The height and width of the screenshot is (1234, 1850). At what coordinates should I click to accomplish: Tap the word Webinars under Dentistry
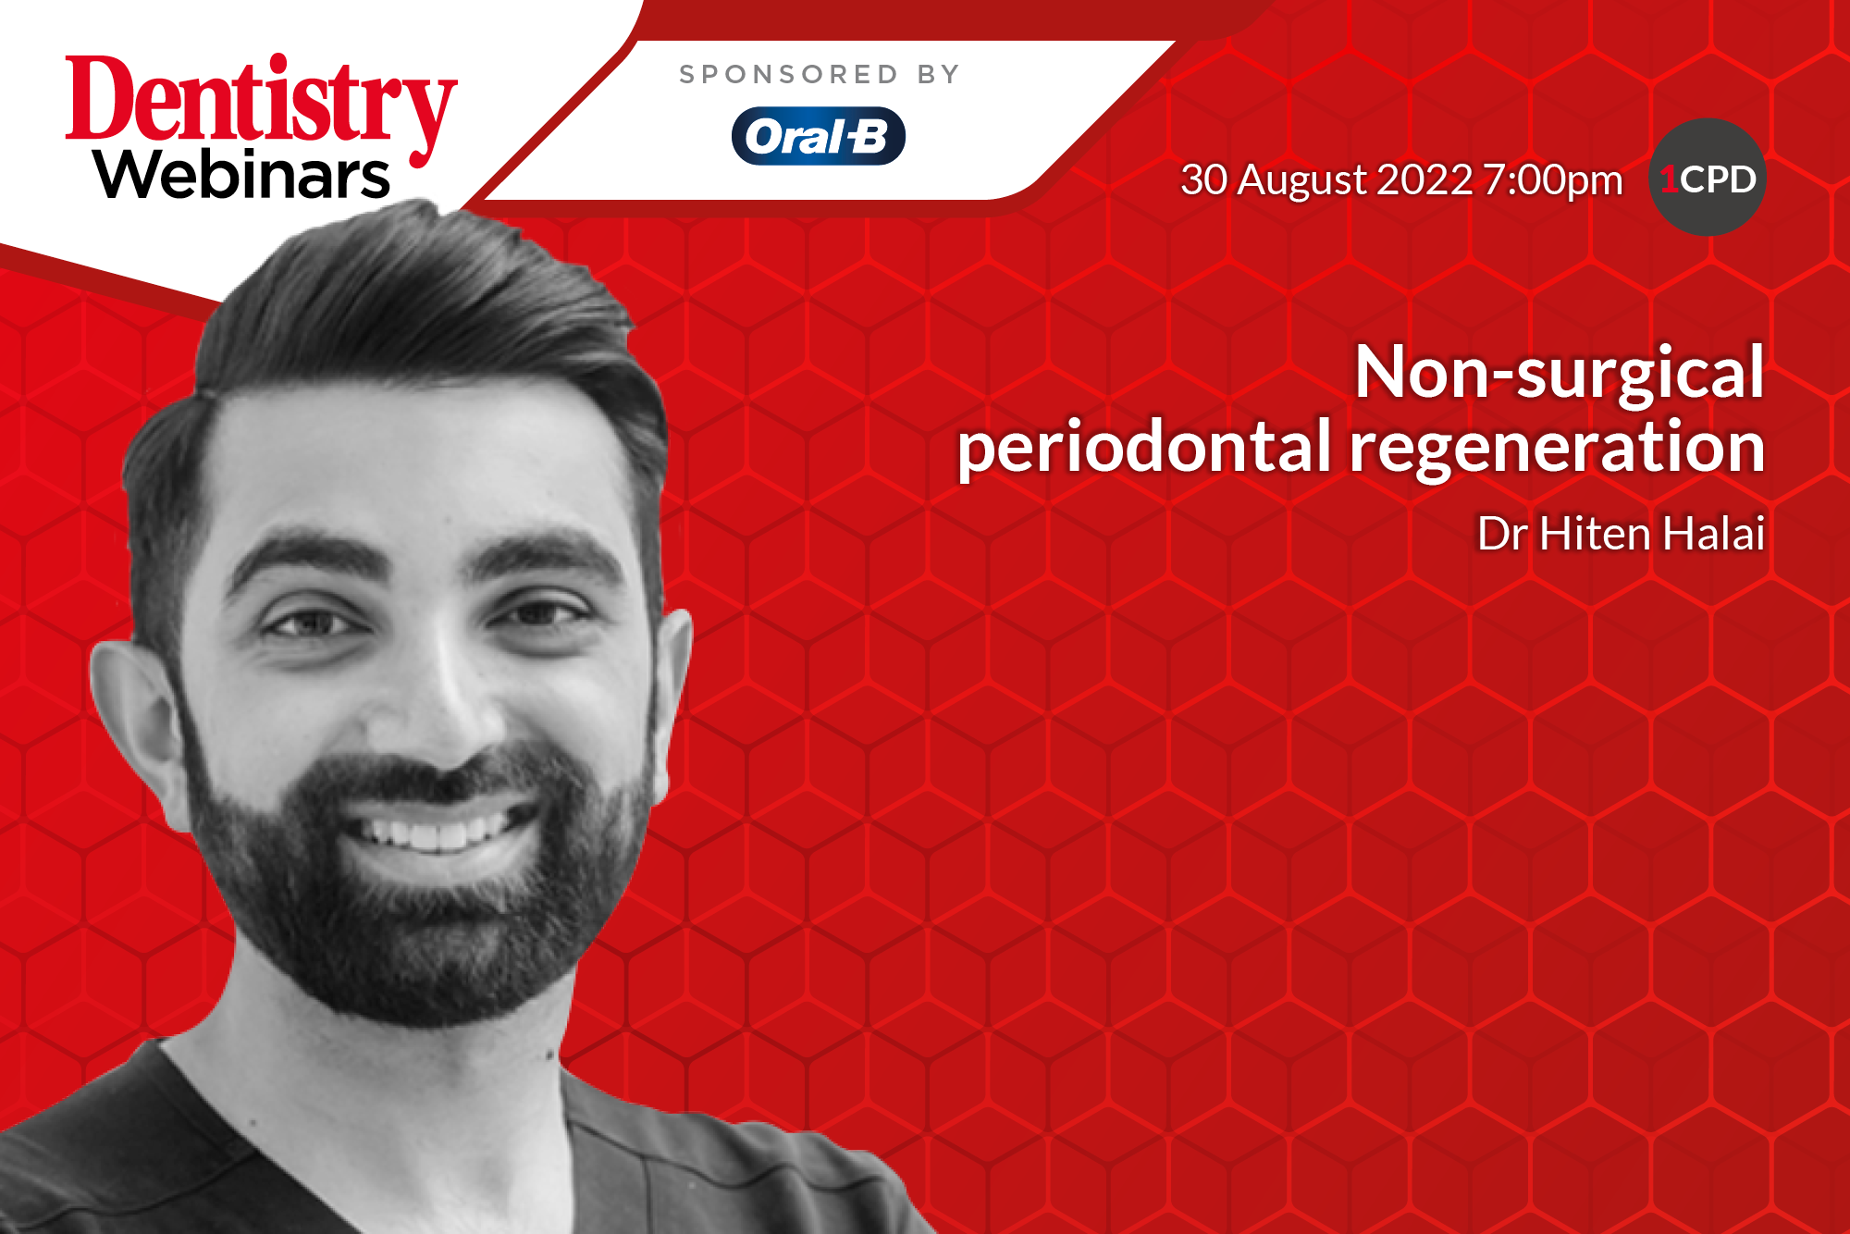pyautogui.click(x=242, y=175)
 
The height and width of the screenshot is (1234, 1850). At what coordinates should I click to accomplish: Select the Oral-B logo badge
pyautogui.click(x=818, y=137)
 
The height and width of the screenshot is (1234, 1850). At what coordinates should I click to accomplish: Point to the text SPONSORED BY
pyautogui.click(x=820, y=74)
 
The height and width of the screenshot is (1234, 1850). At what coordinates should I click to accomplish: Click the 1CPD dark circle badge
pyautogui.click(x=1708, y=178)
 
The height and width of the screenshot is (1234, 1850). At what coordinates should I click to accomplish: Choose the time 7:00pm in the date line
pyautogui.click(x=1552, y=180)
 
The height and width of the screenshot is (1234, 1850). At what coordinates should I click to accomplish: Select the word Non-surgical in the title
pyautogui.click(x=1560, y=373)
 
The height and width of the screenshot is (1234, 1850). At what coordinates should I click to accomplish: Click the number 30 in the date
pyautogui.click(x=1203, y=179)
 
